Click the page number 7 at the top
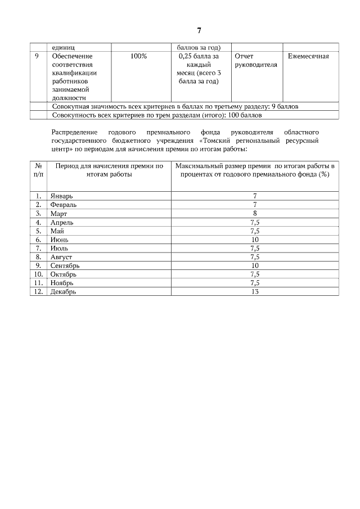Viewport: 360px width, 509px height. (199, 30)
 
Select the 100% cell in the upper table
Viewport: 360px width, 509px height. (139, 56)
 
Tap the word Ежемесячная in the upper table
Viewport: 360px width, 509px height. (308, 56)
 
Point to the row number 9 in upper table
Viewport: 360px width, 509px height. (37, 56)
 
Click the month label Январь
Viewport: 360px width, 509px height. (62, 196)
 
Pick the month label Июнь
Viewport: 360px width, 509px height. (59, 240)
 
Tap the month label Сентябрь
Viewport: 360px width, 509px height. (65, 265)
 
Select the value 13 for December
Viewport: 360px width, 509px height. (255, 291)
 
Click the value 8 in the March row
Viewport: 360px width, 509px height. (255, 214)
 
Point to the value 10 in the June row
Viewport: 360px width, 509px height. (255, 240)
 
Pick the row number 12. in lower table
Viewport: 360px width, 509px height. (39, 291)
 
